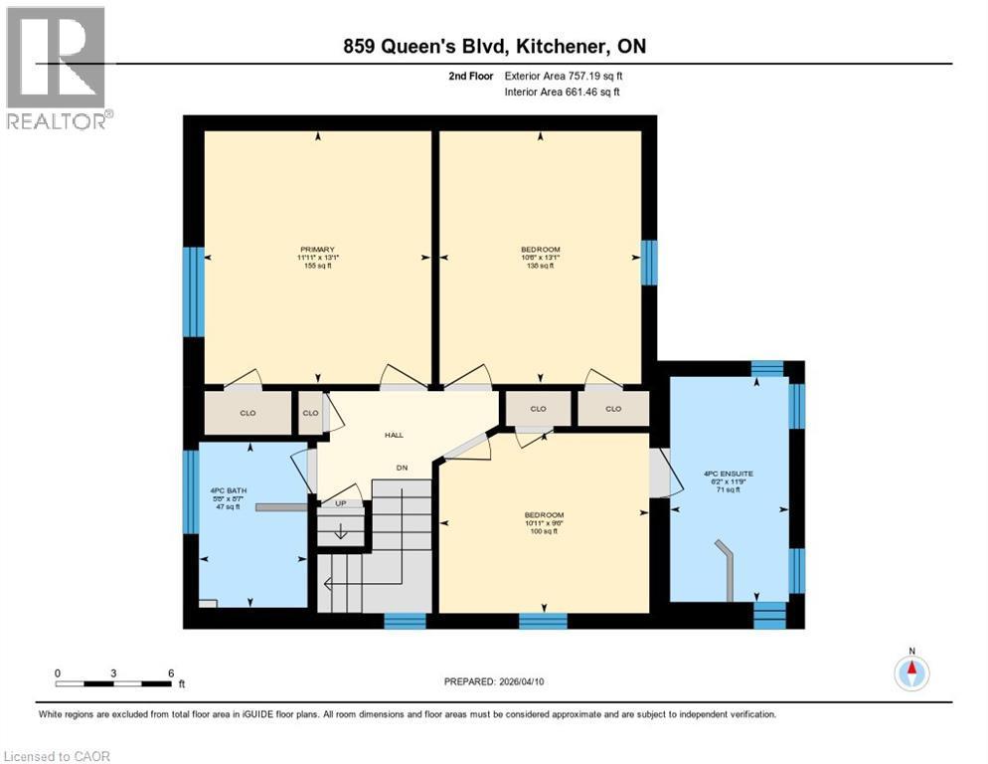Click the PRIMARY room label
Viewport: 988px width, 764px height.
317,250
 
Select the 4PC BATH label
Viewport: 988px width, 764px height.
222,491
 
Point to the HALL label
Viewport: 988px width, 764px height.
394,436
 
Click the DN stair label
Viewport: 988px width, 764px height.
402,467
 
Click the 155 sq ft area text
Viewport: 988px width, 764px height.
317,268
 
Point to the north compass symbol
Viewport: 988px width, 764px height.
910,672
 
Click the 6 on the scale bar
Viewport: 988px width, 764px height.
171,673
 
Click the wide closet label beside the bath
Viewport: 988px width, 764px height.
247,413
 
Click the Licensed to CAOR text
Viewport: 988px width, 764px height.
57,756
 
